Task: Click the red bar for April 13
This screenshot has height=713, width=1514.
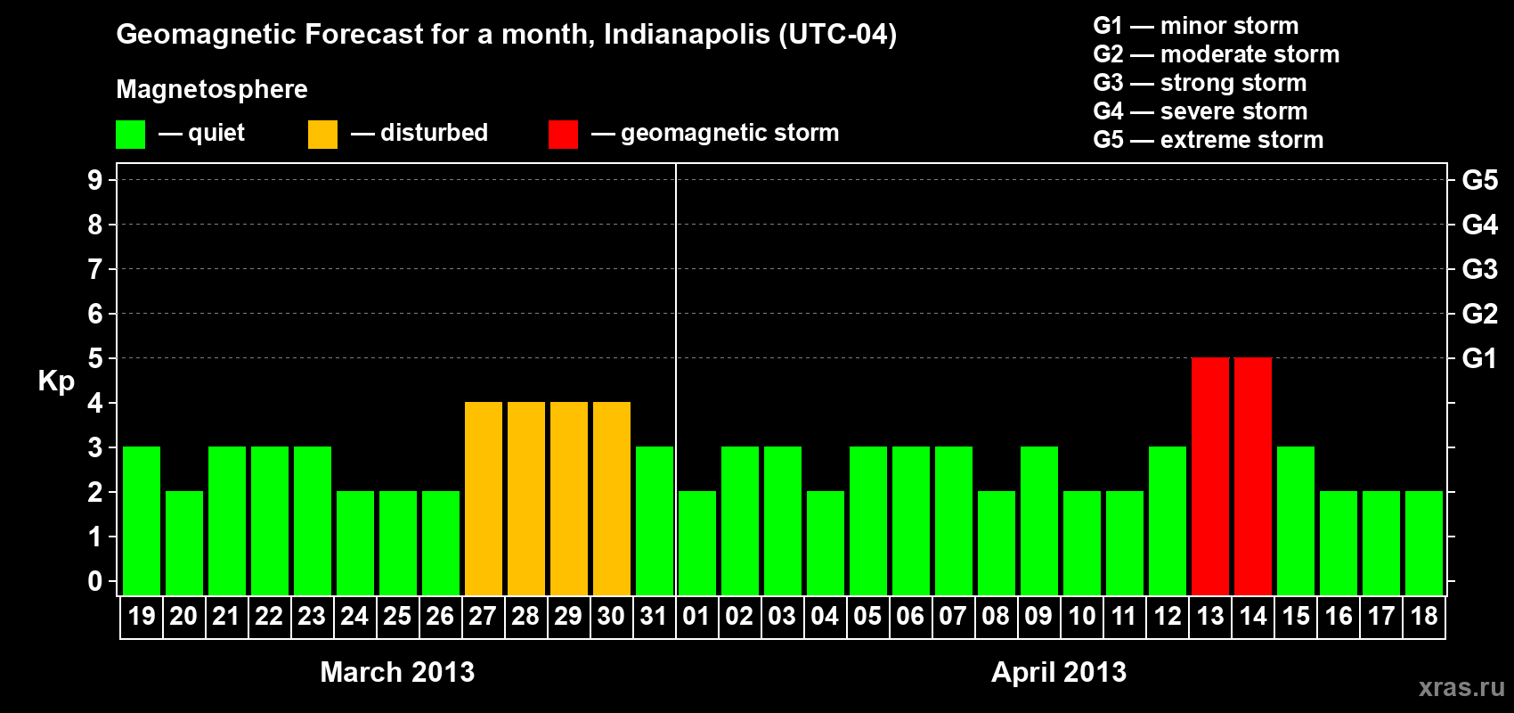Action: (x=1209, y=476)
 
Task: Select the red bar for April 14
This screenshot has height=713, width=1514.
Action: (x=1252, y=476)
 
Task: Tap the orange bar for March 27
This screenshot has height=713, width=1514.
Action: (x=483, y=498)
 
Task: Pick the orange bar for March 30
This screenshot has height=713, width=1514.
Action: (x=611, y=498)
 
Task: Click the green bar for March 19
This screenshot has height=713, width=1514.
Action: (x=142, y=520)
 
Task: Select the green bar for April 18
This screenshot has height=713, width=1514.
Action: (x=1423, y=543)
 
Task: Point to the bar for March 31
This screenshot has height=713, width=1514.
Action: (x=654, y=520)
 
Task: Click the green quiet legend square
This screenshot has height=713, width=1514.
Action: (x=130, y=135)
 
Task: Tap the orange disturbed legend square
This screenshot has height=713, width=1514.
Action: (x=322, y=135)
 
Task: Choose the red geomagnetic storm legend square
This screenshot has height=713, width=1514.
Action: (x=563, y=135)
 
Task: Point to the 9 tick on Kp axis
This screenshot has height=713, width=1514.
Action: (x=95, y=180)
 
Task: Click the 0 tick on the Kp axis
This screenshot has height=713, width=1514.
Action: (x=95, y=582)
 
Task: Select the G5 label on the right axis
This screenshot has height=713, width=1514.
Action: (x=1479, y=180)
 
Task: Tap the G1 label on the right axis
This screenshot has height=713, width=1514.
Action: (x=1479, y=358)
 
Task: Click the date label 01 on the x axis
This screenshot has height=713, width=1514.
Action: (x=696, y=616)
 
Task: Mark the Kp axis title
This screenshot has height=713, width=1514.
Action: (x=56, y=381)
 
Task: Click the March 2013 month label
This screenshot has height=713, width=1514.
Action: (x=397, y=672)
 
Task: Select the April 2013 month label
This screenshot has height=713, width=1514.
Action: (x=1059, y=672)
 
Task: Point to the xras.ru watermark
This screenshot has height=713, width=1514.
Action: (x=1461, y=687)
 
